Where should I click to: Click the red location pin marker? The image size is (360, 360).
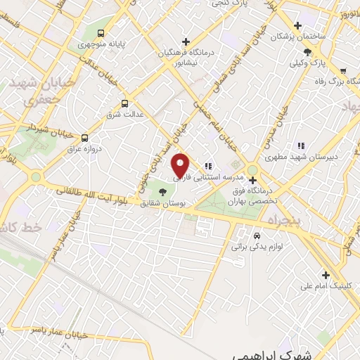pyautogui.click(x=181, y=165)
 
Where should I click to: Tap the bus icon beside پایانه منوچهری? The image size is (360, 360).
pyautogui.click(x=103, y=33)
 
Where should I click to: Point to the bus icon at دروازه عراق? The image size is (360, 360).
pyautogui.click(x=85, y=137)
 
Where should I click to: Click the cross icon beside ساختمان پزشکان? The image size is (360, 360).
pyautogui.click(x=298, y=25)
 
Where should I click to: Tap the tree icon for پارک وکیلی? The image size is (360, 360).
pyautogui.click(x=307, y=51)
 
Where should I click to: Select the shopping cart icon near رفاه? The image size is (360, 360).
pyautogui.click(x=342, y=71)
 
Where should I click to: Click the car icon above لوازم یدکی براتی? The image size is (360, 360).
pyautogui.click(x=257, y=235)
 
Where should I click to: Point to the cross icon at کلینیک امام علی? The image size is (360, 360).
pyautogui.click(x=325, y=274)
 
